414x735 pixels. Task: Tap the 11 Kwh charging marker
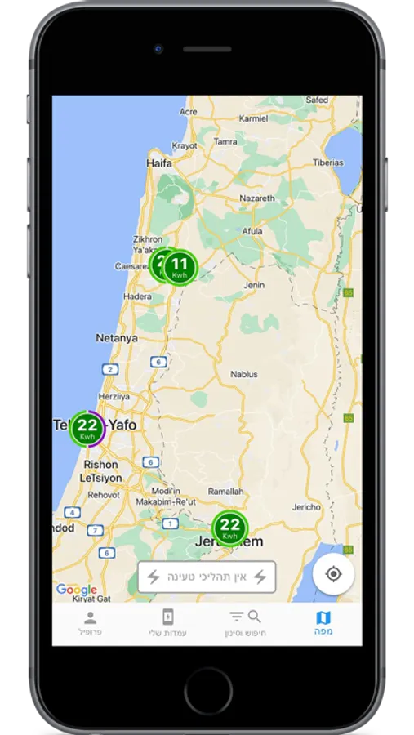click(x=180, y=266)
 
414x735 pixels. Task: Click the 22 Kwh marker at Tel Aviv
click(x=87, y=428)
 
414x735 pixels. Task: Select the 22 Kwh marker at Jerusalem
click(x=230, y=527)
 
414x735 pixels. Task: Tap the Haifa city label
click(x=158, y=163)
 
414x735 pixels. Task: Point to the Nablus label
click(x=244, y=374)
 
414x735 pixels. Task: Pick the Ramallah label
click(x=226, y=491)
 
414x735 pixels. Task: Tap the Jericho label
click(x=307, y=507)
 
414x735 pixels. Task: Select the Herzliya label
click(x=114, y=396)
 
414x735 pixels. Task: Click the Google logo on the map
click(x=76, y=590)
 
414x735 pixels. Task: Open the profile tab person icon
click(x=91, y=617)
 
